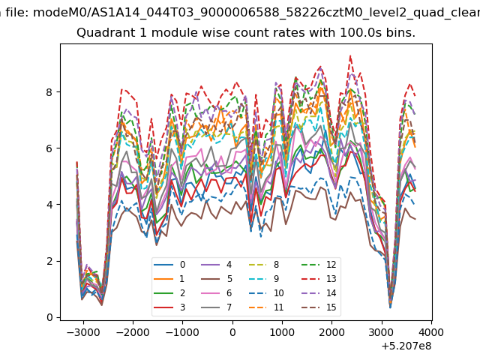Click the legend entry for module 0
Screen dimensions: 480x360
tap(169, 265)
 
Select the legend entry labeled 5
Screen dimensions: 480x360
tap(217, 278)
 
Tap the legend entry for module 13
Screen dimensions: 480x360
tap(319, 278)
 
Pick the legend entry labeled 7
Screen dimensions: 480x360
tap(217, 307)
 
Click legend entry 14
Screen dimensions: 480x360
tap(319, 293)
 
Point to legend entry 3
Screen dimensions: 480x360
tap(169, 307)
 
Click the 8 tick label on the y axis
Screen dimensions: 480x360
tap(49, 92)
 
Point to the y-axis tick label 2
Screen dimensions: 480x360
tap(49, 261)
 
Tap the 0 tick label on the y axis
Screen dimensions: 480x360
tap(49, 317)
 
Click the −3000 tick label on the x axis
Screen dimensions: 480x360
tap(83, 332)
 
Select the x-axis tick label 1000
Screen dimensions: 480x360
tap(282, 332)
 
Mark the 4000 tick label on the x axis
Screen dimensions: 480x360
tap(431, 332)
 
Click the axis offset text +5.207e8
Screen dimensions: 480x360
tap(406, 346)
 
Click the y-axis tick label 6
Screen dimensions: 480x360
tap(49, 148)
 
